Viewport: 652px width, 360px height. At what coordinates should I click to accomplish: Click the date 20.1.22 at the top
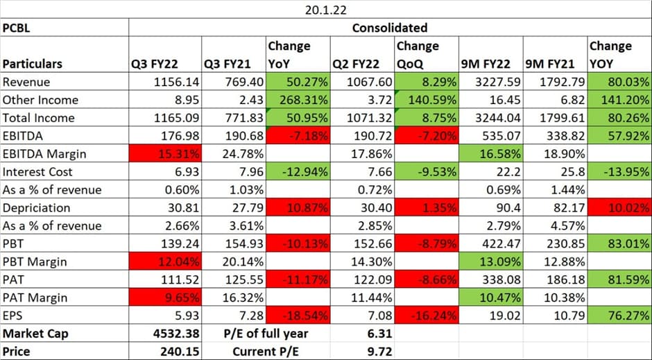click(x=325, y=10)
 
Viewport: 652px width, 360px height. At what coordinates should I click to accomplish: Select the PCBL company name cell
click(x=17, y=28)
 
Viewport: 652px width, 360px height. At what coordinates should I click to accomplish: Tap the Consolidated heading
click(x=389, y=28)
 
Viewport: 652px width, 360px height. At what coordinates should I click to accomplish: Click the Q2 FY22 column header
click(x=357, y=64)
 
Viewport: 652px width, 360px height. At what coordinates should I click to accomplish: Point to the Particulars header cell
click(x=33, y=64)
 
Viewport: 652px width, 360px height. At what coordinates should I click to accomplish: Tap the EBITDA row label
click(x=22, y=136)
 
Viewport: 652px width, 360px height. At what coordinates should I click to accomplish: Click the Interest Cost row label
click(x=37, y=172)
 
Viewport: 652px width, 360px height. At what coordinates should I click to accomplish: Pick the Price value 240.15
click(x=174, y=352)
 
